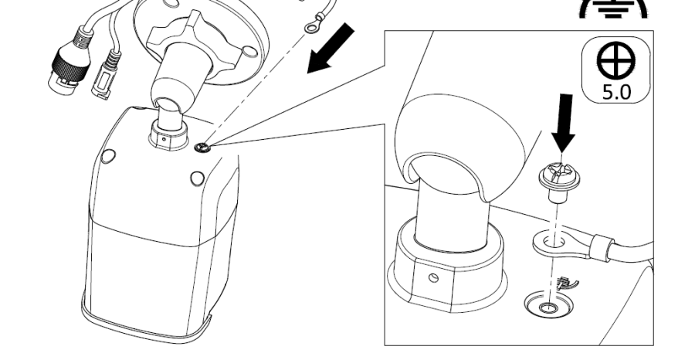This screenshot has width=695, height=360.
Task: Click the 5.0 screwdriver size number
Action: pyautogui.click(x=616, y=92)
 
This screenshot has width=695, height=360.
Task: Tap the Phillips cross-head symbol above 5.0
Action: pyautogui.click(x=616, y=61)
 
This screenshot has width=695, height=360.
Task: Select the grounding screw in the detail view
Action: pyautogui.click(x=559, y=182)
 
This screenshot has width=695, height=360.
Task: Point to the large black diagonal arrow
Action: pyautogui.click(x=331, y=49)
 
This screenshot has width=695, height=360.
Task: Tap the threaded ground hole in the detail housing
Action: pyautogui.click(x=549, y=307)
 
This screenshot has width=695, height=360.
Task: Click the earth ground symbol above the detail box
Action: pyautogui.click(x=613, y=8)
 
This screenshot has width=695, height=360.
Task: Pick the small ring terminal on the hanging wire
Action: pyautogui.click(x=313, y=25)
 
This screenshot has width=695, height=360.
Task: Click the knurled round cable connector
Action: pyautogui.click(x=67, y=66)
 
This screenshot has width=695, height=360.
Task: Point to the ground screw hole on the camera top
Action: pyautogui.click(x=202, y=148)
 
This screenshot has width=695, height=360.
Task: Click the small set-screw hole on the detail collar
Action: pyautogui.click(x=434, y=278)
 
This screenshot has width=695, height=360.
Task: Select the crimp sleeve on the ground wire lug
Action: pyautogui.click(x=601, y=247)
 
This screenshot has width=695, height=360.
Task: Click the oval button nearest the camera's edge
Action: pyautogui.click(x=109, y=156)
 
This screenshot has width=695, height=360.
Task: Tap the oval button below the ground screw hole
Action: pyautogui.click(x=197, y=178)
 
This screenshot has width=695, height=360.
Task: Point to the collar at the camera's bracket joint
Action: pyautogui.click(x=168, y=135)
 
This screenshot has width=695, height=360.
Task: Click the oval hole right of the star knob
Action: pyautogui.click(x=250, y=52)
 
